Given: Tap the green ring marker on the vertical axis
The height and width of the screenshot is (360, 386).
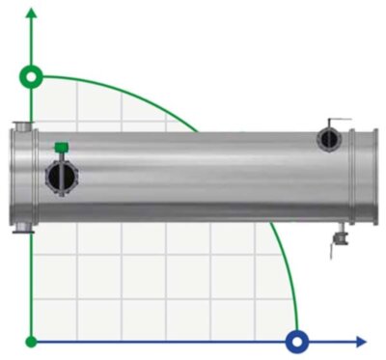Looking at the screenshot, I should [x=33, y=76].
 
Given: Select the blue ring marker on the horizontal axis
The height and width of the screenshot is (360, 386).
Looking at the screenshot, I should [x=297, y=341].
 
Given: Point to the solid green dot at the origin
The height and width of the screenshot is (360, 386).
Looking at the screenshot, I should [x=33, y=341].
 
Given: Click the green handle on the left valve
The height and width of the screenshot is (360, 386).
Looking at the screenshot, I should [x=61, y=148].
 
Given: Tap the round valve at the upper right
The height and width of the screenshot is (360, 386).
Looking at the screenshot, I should [x=330, y=140].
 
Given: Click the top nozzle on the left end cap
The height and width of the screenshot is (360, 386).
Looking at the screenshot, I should [x=21, y=125].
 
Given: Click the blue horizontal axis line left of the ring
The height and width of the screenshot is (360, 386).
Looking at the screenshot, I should [x=164, y=341].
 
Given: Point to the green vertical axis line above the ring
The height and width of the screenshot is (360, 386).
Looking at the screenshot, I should [x=33, y=43].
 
